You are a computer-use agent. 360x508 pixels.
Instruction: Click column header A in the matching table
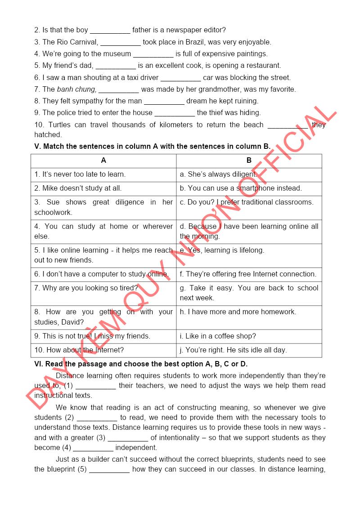103,160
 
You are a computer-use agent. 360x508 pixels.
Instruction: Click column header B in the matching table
249,160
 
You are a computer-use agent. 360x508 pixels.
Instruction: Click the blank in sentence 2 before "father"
110,31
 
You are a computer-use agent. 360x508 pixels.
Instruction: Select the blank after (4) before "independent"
93,448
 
